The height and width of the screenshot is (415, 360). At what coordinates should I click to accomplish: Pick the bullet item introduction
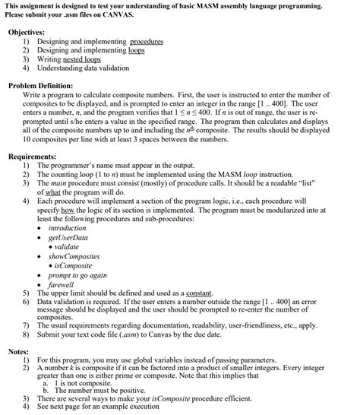68,228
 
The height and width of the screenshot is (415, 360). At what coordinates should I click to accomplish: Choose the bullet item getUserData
68,237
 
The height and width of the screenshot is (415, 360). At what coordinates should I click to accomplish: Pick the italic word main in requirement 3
58,183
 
